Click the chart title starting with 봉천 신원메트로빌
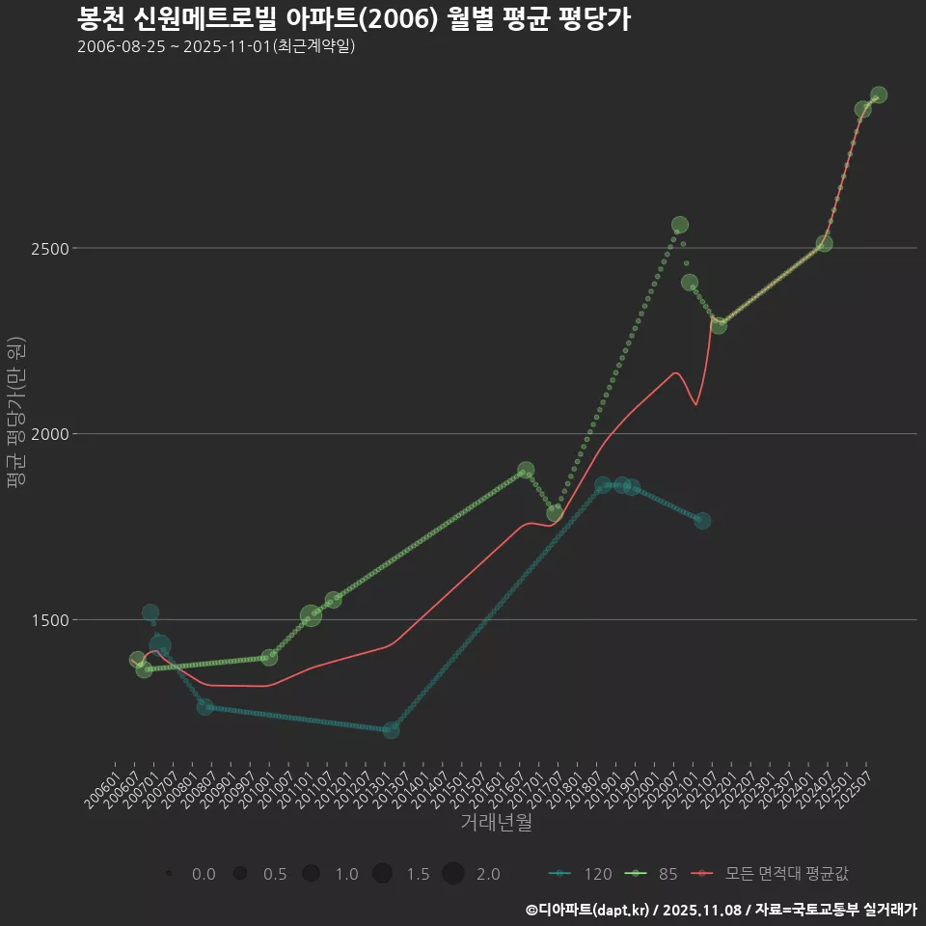tap(353, 19)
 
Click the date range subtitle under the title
tap(216, 46)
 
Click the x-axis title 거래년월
tap(496, 823)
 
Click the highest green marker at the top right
tap(879, 95)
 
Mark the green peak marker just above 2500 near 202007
tap(680, 226)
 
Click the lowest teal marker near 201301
tap(391, 730)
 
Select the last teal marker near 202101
tap(702, 521)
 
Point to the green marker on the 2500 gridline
tap(824, 243)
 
